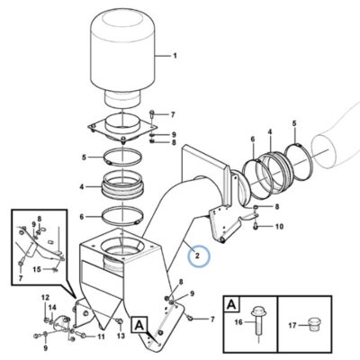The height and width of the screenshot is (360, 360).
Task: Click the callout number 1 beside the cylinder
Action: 175,56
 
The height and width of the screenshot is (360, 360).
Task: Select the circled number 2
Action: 197,256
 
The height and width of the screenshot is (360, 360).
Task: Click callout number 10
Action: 279,227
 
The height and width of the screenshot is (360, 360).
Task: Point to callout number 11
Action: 101,337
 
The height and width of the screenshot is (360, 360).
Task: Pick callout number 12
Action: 45,298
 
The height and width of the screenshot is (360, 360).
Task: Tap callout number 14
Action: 52,308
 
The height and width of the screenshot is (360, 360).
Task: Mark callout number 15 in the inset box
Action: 37,270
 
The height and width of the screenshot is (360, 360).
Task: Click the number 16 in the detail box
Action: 238,323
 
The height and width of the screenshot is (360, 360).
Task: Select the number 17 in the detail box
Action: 292,325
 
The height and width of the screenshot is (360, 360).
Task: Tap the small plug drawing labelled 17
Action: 314,324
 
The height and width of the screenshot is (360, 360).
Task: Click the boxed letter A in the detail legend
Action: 231,305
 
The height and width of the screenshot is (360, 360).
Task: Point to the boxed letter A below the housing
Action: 139,324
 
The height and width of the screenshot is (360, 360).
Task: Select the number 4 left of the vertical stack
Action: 82,187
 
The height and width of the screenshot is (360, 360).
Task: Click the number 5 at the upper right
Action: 294,123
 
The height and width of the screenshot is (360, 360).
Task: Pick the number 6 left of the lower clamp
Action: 82,217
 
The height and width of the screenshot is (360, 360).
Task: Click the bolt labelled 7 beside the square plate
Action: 152,114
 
